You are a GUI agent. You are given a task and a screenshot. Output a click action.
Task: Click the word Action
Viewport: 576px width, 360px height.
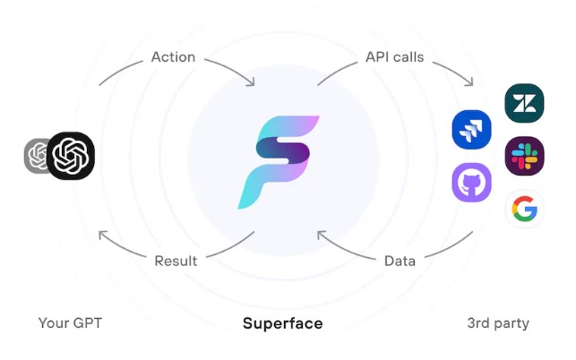173,57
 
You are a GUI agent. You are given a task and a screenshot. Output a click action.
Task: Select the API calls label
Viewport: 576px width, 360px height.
394,57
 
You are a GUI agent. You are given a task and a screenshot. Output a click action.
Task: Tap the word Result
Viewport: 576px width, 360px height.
176,261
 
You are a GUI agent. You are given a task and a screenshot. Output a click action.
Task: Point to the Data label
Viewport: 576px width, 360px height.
400,261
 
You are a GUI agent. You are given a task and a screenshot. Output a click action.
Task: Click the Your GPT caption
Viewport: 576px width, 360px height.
70,323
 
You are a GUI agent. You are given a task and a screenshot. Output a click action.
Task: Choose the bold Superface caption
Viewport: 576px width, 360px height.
283,323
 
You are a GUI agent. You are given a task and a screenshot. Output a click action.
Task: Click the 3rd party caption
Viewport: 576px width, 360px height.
498,323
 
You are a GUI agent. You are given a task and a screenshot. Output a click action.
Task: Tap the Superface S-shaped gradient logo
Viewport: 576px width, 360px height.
278,162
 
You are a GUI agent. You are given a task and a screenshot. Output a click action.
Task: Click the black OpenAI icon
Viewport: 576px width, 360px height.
71,156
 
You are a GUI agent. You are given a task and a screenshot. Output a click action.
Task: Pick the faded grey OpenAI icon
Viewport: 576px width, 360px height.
36,156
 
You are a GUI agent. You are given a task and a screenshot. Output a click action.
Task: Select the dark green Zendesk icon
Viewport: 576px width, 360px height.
524,103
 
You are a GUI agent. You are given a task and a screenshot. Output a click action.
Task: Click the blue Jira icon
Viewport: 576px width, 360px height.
472,130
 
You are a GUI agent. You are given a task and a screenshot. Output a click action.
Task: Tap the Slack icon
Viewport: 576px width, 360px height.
524,156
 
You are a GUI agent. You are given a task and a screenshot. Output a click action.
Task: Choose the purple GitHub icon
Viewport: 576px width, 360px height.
472,183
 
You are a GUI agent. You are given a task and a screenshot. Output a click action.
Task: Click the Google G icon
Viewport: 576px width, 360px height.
525,209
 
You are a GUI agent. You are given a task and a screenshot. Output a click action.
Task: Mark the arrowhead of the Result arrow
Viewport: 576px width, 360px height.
102,234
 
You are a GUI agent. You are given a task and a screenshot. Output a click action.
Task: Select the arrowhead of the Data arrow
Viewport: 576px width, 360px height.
321,234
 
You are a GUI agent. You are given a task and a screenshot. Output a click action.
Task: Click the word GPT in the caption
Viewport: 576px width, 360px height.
88,323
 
